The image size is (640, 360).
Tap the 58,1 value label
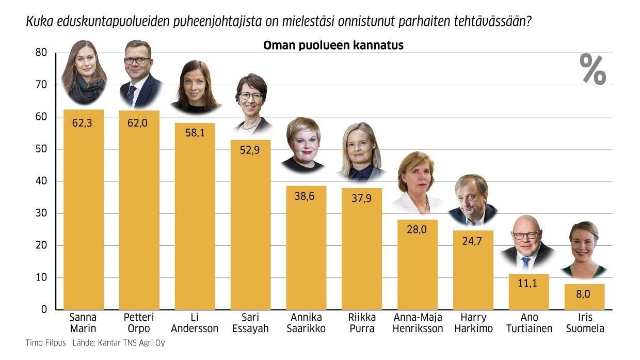[195, 133]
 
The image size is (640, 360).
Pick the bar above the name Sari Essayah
[250, 227]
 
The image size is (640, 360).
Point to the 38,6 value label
[306, 196]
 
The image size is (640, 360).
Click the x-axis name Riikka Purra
[362, 323]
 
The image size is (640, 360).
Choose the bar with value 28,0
[417, 266]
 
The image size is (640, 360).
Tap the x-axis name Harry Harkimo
[473, 323]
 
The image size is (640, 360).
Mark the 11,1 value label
[529, 284]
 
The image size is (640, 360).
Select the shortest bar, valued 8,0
[584, 297]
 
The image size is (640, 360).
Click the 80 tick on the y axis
[41, 53]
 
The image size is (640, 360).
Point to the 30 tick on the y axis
[41, 213]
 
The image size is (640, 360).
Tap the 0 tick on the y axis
[44, 309]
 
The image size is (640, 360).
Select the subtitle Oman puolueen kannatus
[333, 45]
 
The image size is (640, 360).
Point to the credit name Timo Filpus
[45, 343]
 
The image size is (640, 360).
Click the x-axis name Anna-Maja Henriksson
[418, 323]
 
